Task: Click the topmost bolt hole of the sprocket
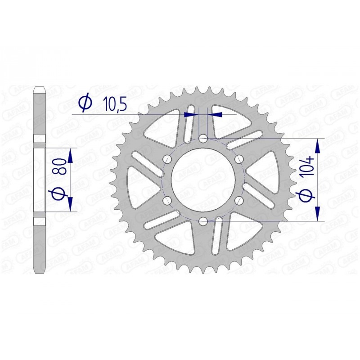tap(203, 139)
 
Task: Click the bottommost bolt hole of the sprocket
tap(203, 221)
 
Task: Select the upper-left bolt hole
tap(167, 159)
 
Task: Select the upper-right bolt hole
tap(239, 159)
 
